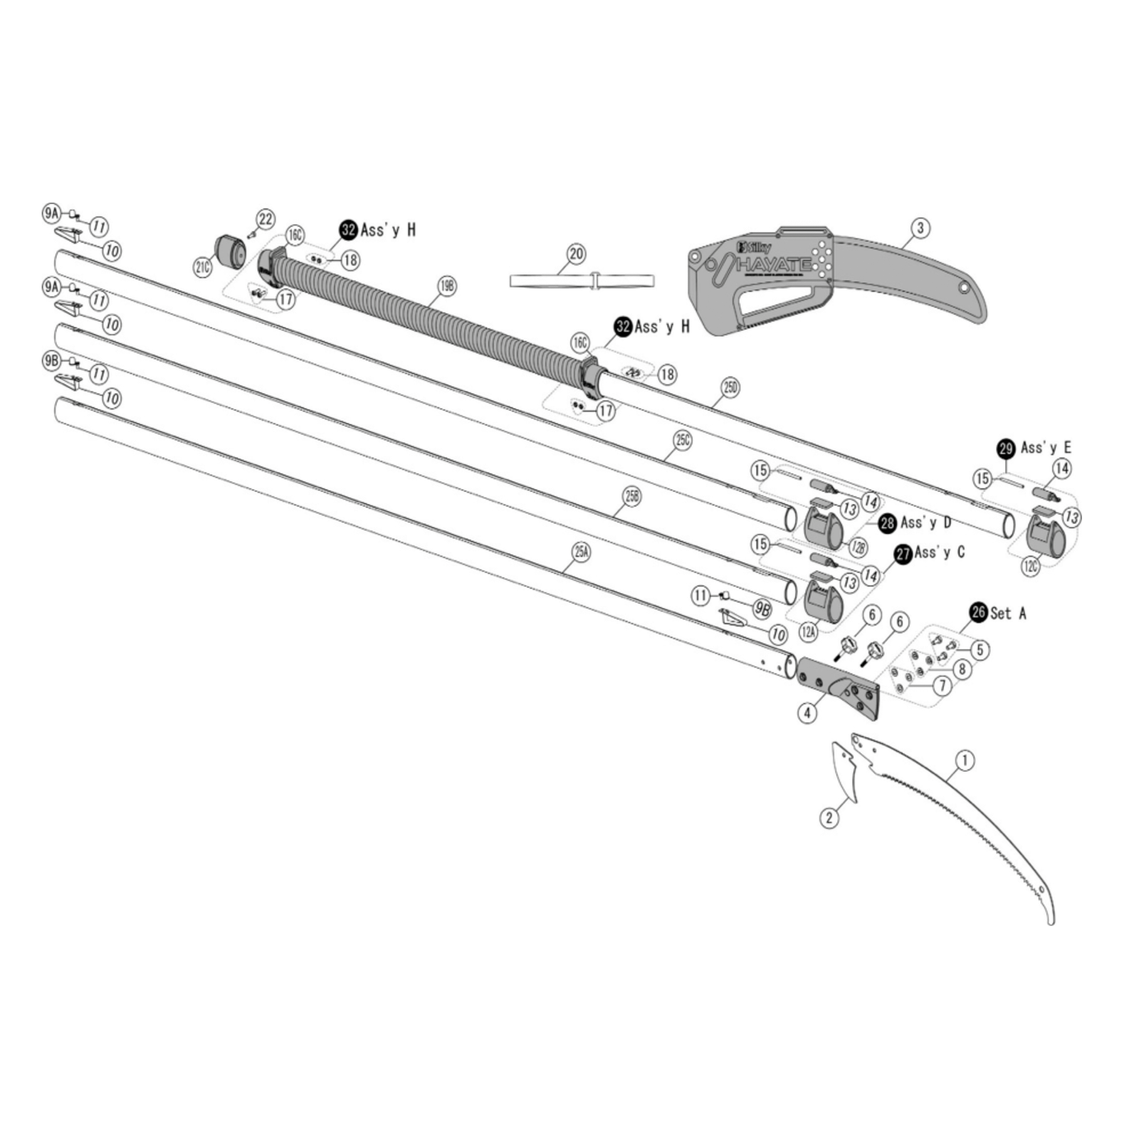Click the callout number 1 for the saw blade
tap(965, 760)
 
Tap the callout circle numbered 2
tap(829, 818)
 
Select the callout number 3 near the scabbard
tap(920, 228)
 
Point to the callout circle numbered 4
tap(807, 712)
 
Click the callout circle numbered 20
tap(576, 253)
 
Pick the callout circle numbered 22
tap(266, 219)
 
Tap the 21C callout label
tap(203, 268)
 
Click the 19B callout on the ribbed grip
tap(447, 286)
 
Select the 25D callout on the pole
tap(730, 387)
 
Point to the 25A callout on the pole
tap(582, 551)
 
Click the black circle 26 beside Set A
tap(979, 612)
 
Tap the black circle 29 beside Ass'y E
tap(1006, 448)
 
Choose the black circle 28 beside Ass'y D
tap(887, 523)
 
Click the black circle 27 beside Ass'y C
tap(903, 554)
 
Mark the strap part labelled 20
tap(582, 280)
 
